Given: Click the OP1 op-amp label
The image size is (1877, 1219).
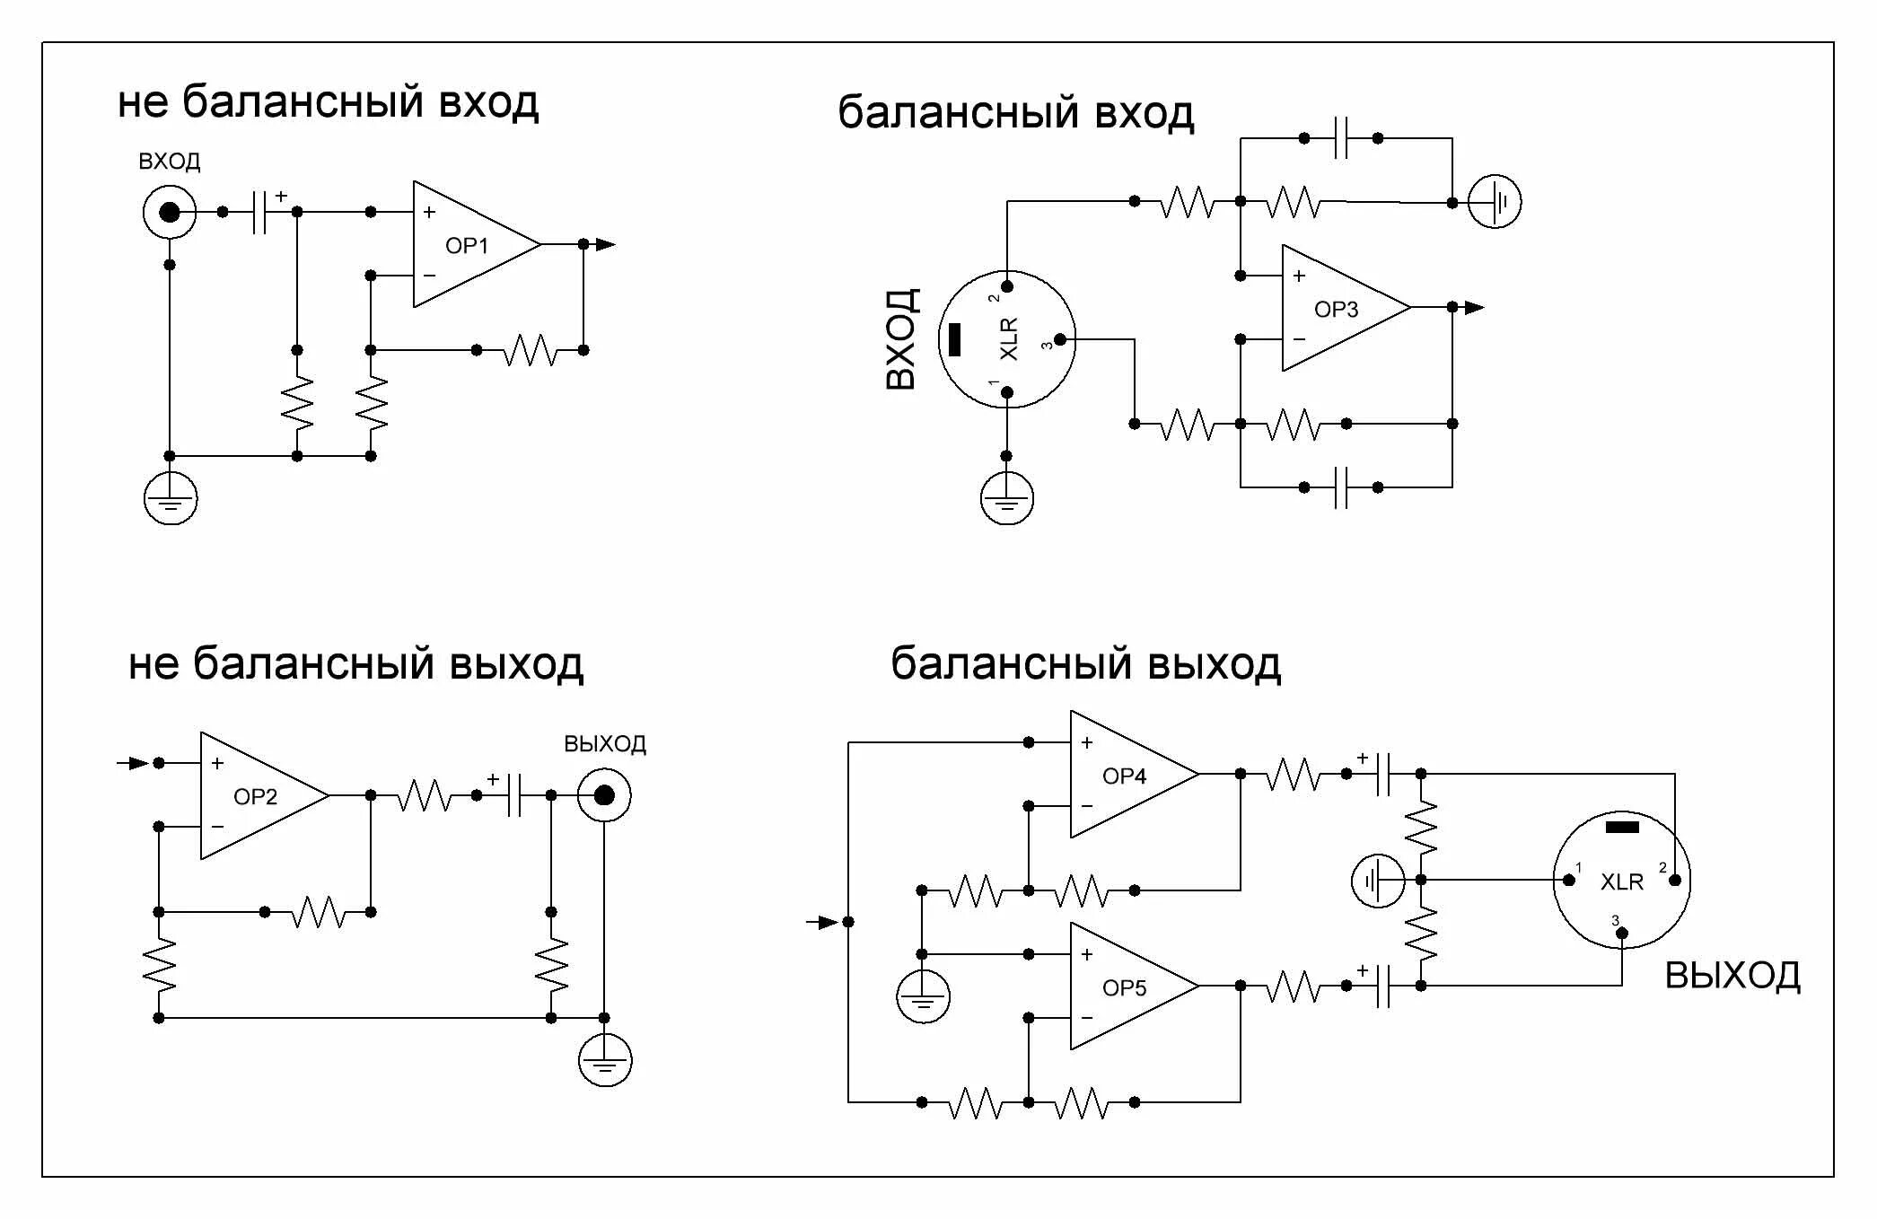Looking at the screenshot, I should pos(467,246).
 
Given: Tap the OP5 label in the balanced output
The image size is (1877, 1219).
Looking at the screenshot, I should pos(1124,988).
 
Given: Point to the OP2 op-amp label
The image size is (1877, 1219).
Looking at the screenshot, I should pos(255,797).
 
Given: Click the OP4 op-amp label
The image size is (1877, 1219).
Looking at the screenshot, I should pos(1124,776).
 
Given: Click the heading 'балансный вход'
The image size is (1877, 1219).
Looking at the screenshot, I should pos(1015,114).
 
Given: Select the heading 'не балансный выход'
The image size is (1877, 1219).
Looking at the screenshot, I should pos(355,665).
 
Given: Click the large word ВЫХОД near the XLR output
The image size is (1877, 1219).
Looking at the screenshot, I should pos(1732,976).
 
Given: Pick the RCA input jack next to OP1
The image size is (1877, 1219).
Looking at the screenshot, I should pos(170,213).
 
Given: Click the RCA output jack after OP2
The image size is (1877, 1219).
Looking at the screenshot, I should pos(604,796).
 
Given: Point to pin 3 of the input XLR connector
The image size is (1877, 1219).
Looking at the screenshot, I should pos(1060,340).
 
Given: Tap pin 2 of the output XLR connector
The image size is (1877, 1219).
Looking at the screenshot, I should pos(1674,880).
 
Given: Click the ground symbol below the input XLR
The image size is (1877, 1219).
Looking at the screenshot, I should pos(1006,499).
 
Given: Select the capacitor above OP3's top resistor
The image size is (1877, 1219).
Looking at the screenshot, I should pos(1341,138).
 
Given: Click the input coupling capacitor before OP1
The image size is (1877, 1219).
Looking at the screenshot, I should pos(259,213).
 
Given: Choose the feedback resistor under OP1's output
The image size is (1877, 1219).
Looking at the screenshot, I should pos(530,350).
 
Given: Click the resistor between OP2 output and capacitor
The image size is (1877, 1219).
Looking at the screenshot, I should pos(424,796).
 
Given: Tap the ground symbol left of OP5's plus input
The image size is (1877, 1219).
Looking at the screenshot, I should pos(923,997).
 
